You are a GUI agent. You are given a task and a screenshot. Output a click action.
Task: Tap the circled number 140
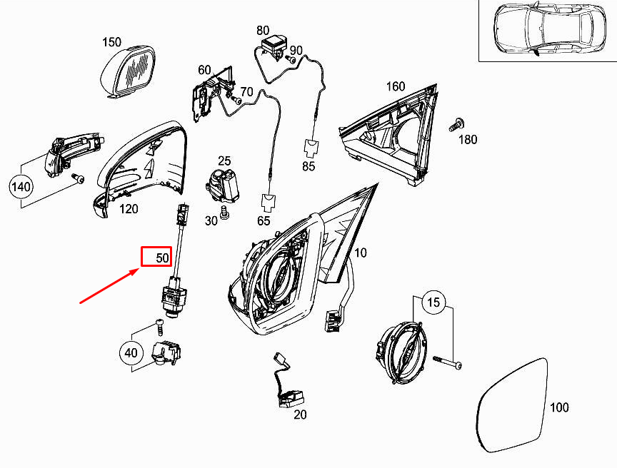tap(21, 188)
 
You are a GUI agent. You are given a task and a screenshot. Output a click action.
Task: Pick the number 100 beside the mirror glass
tap(559, 407)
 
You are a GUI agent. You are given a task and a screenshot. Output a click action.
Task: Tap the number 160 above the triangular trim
tap(396, 87)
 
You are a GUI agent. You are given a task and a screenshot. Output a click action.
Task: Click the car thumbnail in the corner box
tap(546, 29)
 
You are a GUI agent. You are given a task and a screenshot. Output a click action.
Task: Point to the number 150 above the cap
tap(111, 42)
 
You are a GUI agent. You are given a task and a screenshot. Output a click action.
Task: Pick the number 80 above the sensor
tap(264, 31)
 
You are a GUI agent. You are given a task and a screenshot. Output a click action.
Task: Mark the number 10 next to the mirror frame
tap(360, 253)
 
